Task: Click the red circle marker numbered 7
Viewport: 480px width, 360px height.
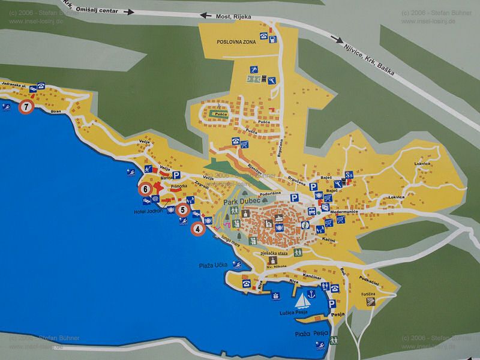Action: point(26,108)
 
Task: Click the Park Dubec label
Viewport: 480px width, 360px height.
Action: point(241,203)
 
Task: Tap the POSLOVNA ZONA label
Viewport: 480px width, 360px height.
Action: point(237,41)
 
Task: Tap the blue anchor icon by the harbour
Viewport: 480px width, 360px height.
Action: point(311,294)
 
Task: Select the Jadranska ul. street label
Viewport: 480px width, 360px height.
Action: point(14,85)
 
